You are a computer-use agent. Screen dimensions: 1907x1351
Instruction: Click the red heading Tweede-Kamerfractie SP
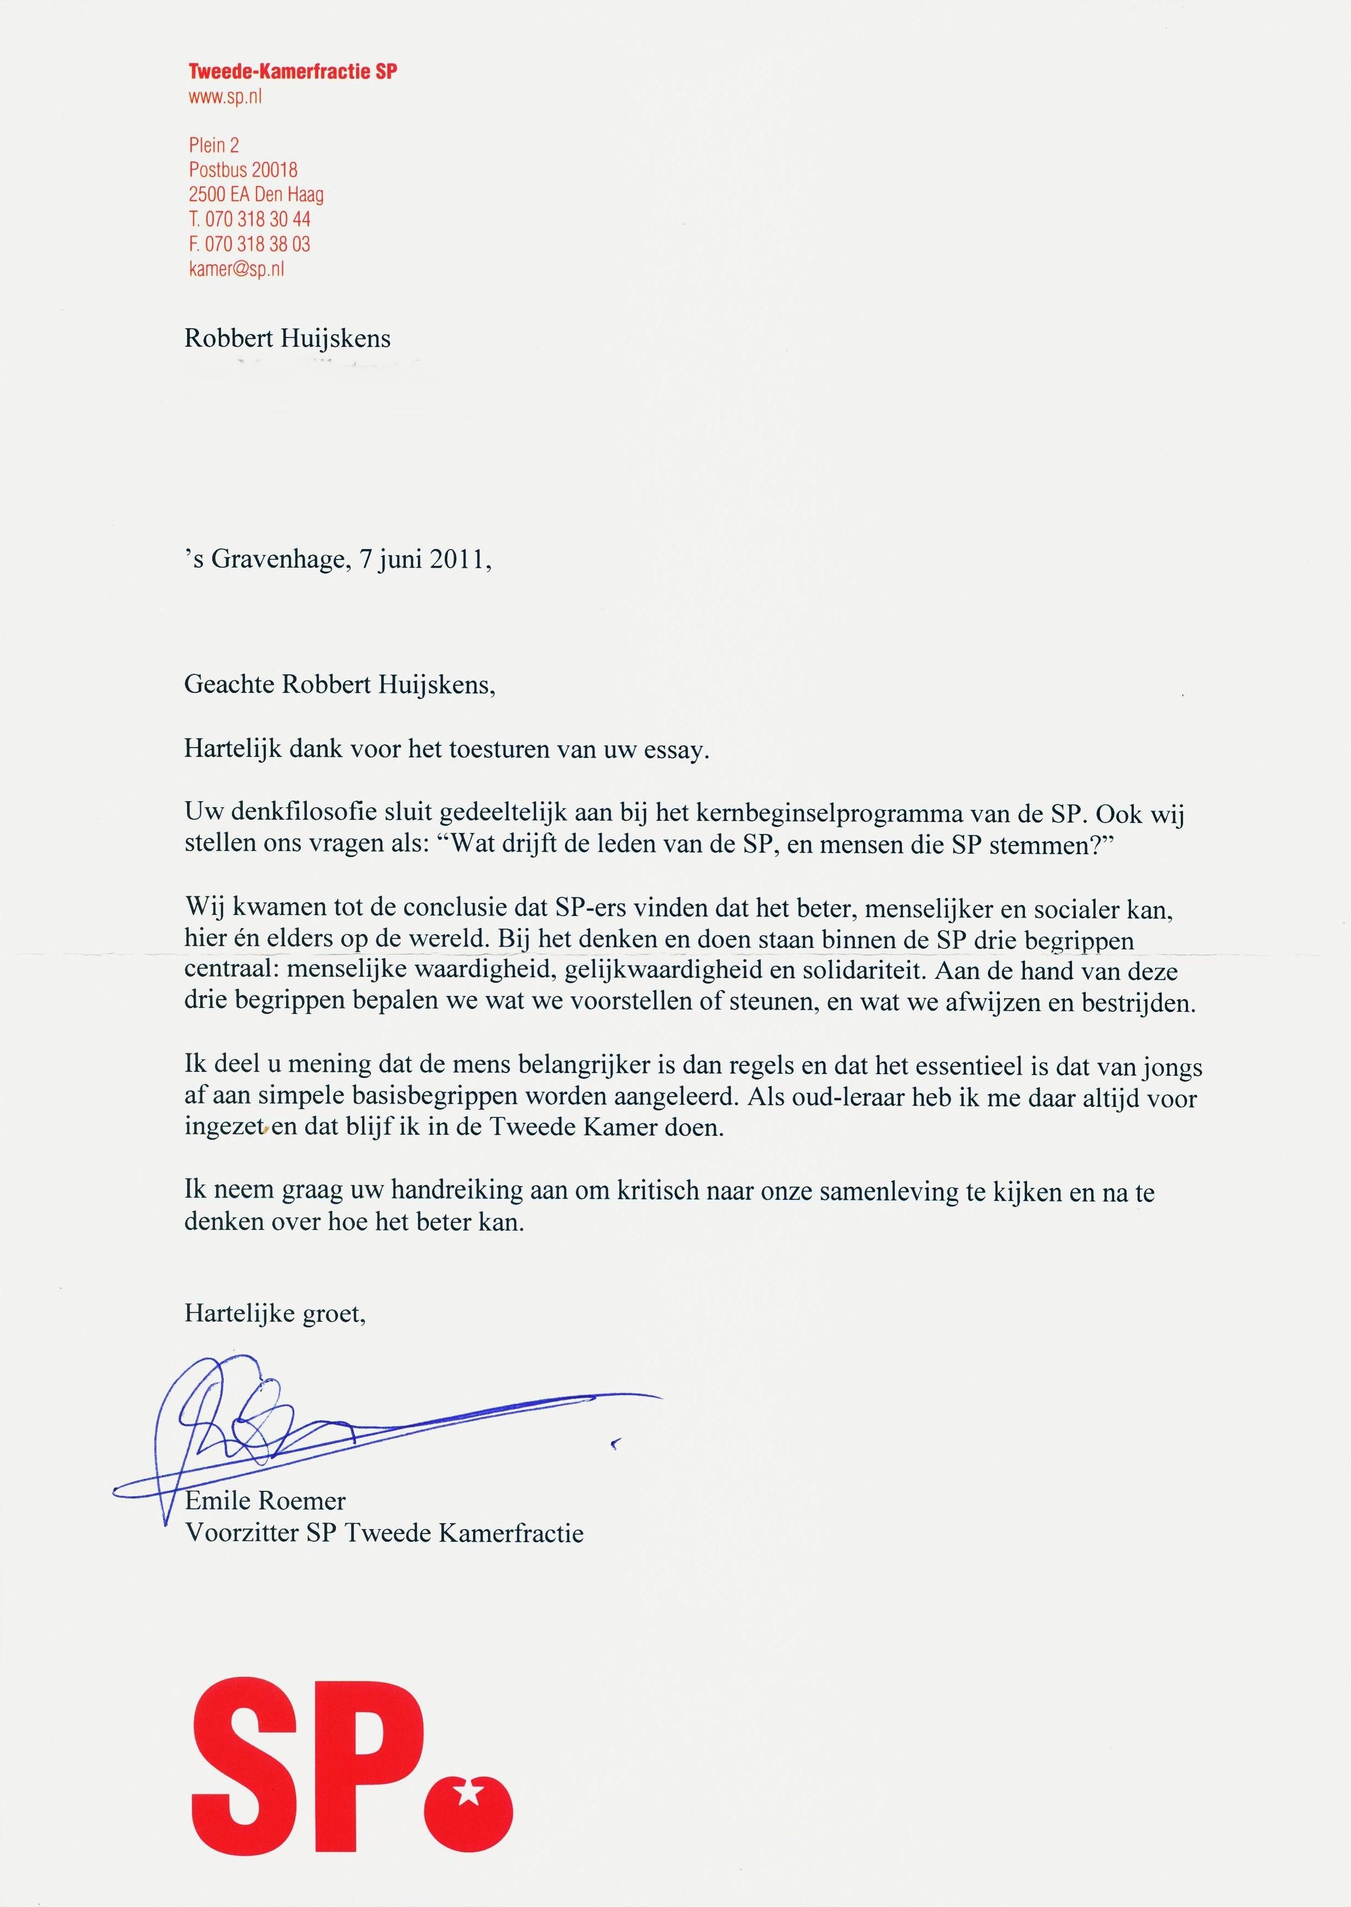tap(292, 72)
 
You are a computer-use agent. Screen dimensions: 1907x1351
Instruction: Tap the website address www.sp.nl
tap(225, 97)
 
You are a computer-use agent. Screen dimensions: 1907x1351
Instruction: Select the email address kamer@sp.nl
tap(236, 269)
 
